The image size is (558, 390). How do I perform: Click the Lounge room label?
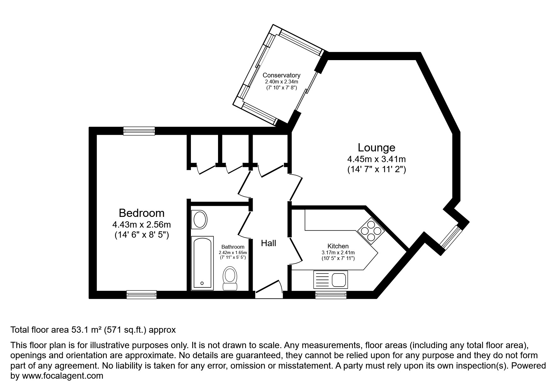(x=376, y=148)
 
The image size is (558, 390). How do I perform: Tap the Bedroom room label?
(x=141, y=213)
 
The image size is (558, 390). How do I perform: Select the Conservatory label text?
(x=281, y=75)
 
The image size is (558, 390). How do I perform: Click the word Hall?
(x=268, y=243)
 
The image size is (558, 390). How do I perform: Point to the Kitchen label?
(x=338, y=246)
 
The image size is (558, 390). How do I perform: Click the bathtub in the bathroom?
(x=202, y=263)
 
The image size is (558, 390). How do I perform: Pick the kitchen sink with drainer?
(x=331, y=280)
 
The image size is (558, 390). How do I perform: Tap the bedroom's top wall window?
(x=139, y=131)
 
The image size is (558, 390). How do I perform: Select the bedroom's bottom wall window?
(x=141, y=294)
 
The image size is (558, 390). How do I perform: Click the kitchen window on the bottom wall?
(x=331, y=295)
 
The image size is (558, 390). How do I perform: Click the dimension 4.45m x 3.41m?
(x=376, y=159)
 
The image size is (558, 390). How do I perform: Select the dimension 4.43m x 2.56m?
(x=141, y=225)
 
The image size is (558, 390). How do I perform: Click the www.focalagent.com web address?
(x=62, y=376)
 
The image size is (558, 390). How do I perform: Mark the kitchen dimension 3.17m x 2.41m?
(x=338, y=252)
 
